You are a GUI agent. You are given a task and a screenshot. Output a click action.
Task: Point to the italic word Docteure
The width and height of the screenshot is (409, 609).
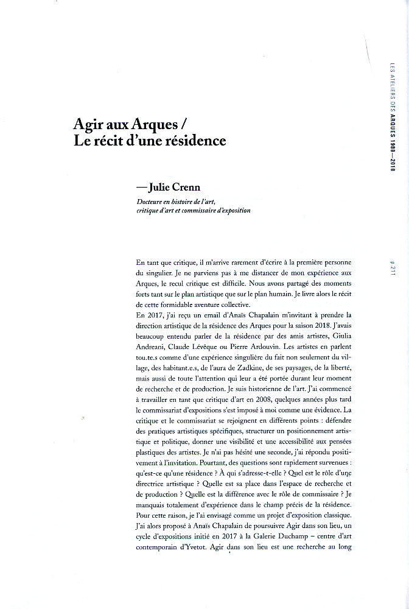coord(151,202)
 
